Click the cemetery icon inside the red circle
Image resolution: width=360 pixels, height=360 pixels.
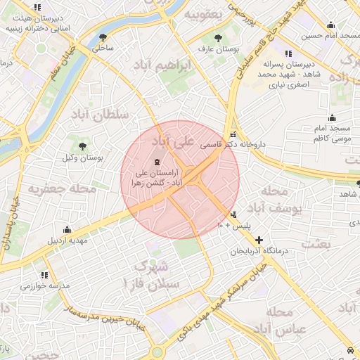(x=155, y=162)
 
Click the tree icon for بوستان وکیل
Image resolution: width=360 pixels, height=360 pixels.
(x=84, y=146)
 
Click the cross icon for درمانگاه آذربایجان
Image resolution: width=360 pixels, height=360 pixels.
(x=259, y=240)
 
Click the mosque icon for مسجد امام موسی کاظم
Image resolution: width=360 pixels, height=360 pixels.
(x=332, y=117)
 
